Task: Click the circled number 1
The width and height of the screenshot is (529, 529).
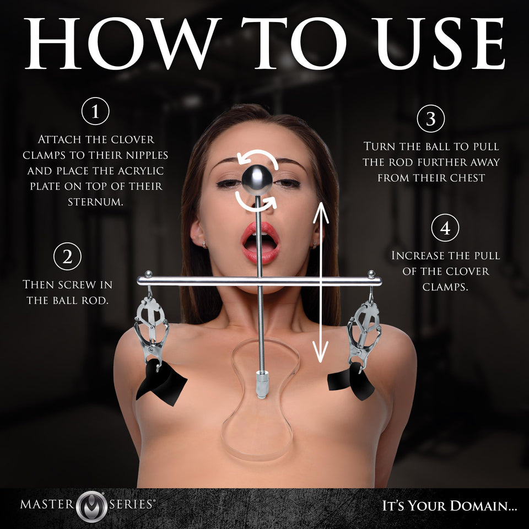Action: pyautogui.click(x=95, y=113)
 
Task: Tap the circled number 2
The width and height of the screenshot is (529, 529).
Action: pyautogui.click(x=68, y=257)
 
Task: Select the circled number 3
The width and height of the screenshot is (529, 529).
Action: pyautogui.click(x=431, y=120)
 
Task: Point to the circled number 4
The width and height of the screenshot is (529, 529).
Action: pyautogui.click(x=445, y=228)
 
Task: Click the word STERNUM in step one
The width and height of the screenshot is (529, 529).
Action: pyautogui.click(x=95, y=201)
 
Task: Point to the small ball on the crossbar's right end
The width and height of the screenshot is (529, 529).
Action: pyautogui.click(x=372, y=273)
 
